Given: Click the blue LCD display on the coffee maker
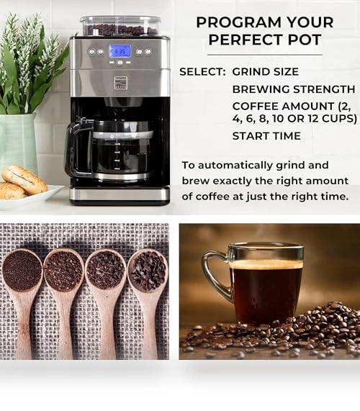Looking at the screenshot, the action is pyautogui.click(x=120, y=51).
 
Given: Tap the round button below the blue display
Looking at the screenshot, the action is pyautogui.click(x=120, y=63).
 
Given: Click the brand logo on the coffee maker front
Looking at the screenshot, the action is pyautogui.click(x=120, y=82).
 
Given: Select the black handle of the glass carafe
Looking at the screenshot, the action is pyautogui.click(x=76, y=148).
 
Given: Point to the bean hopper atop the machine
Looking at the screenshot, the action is pyautogui.click(x=120, y=26).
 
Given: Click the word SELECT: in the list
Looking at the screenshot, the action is pyautogui.click(x=202, y=72).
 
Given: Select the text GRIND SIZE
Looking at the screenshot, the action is pyautogui.click(x=266, y=72).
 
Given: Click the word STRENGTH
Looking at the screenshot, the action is pyautogui.click(x=324, y=89).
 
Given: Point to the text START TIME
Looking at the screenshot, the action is pyautogui.click(x=266, y=136).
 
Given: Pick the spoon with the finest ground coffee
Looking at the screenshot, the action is pyautogui.click(x=22, y=301).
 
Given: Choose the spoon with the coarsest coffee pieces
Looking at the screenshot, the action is pyautogui.click(x=148, y=301).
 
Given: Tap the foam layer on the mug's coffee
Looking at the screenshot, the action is pyautogui.click(x=266, y=264).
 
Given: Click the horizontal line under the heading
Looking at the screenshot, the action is pyautogui.click(x=265, y=55).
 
